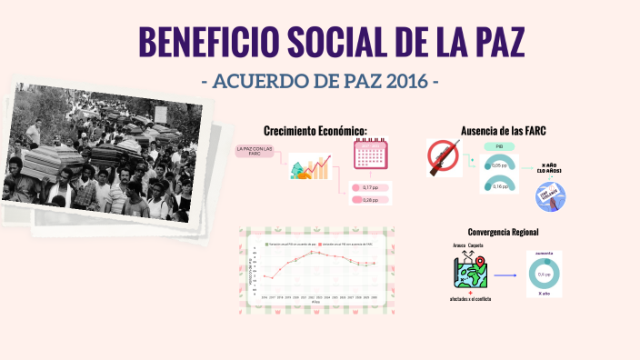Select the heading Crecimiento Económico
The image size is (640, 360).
(315, 131)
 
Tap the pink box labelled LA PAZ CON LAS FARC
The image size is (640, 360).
(255, 152)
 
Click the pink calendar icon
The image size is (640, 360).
(370, 155)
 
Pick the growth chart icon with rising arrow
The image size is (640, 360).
(309, 168)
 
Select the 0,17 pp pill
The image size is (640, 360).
(370, 187)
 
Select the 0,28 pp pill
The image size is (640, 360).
(370, 199)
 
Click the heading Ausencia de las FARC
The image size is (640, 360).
(504, 131)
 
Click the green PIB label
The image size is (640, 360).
(499, 146)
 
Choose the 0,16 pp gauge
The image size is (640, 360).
(499, 185)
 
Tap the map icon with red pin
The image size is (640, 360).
(472, 271)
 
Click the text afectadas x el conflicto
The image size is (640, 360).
(471, 299)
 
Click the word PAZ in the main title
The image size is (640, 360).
(496, 44)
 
